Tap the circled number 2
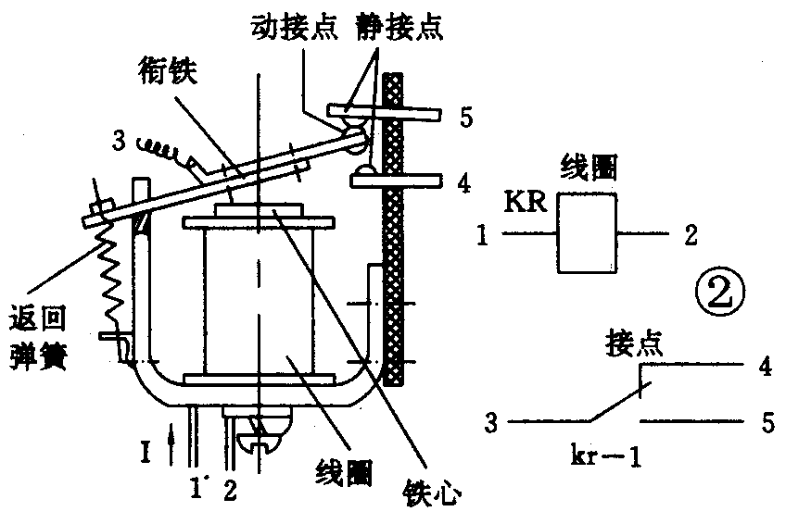click(722, 293)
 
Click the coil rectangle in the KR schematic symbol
click(588, 237)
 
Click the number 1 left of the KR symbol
click(483, 238)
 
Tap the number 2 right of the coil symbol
click(689, 237)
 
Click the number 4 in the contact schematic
click(765, 366)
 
